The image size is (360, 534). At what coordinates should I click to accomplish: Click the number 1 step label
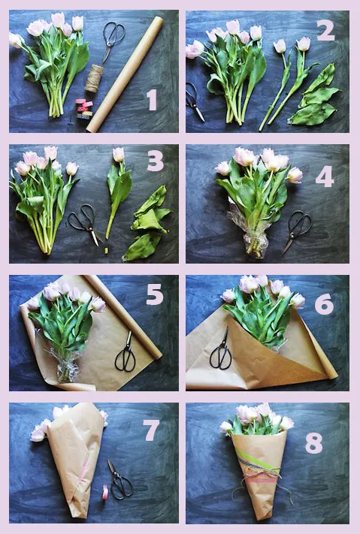[152, 100]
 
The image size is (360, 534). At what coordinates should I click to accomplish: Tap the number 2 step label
[325, 31]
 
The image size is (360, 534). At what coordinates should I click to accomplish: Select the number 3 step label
[156, 161]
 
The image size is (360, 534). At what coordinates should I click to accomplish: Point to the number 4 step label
[324, 176]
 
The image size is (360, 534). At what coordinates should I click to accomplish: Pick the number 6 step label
[324, 304]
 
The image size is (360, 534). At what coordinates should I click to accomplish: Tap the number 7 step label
[151, 430]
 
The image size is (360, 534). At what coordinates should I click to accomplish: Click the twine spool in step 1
[94, 78]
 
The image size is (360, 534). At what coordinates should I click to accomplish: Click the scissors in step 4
[296, 231]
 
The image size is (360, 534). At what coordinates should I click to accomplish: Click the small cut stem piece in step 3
[106, 251]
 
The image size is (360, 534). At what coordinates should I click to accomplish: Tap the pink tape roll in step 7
[105, 493]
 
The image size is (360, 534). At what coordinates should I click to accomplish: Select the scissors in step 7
[119, 480]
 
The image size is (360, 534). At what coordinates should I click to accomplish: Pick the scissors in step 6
[221, 351]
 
